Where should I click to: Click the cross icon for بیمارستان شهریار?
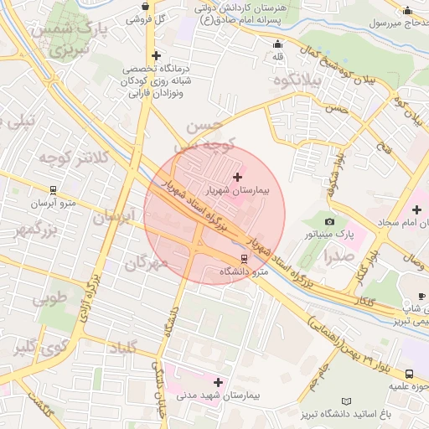click(238, 177)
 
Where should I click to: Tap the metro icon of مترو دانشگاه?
click(244, 258)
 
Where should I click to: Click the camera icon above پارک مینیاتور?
click(329, 222)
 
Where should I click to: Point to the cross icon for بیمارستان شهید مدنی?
click(219, 382)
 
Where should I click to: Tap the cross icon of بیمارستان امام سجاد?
click(417, 208)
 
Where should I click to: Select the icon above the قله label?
click(278, 44)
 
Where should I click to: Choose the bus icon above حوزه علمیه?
click(410, 374)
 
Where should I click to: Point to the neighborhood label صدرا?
click(338, 257)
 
